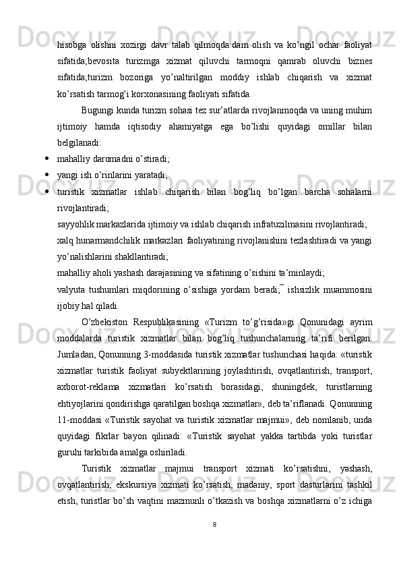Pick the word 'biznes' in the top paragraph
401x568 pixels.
pos(359,61)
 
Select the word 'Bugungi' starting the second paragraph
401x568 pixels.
pos(97,109)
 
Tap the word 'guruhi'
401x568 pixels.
pos(69,453)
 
